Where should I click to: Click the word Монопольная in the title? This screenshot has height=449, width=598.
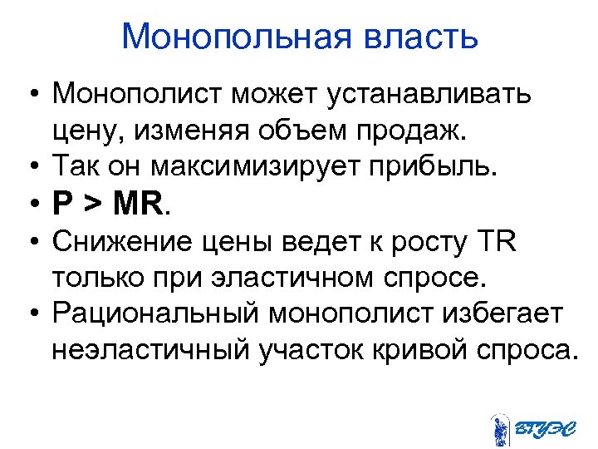226,37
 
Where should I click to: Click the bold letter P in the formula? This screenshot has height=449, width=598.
61,204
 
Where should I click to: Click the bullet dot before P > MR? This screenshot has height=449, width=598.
31,205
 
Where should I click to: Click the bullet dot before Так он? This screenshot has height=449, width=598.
31,166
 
